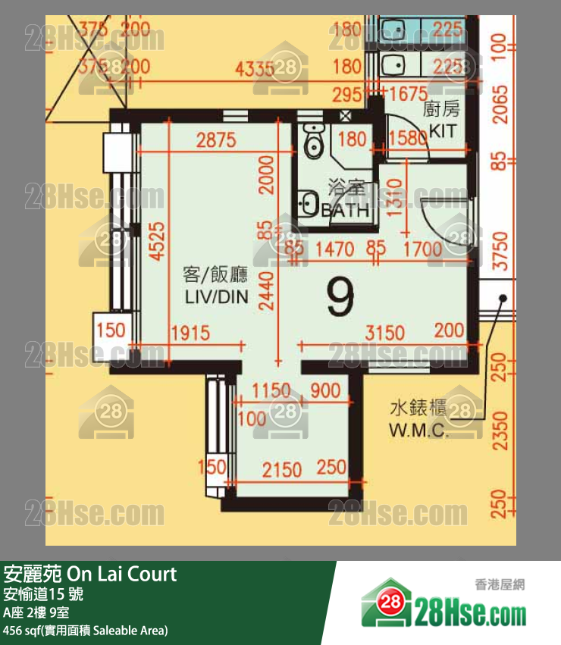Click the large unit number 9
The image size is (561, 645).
(341, 297)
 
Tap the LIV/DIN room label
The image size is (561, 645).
(217, 286)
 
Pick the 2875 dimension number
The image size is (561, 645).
(216, 140)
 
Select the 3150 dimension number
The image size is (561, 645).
(384, 333)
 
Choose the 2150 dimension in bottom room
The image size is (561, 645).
(282, 470)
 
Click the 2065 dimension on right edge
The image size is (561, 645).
(499, 111)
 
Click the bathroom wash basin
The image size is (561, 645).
(309, 204)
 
